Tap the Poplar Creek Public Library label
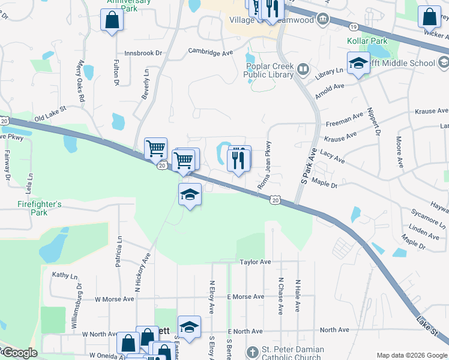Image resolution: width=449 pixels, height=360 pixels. (268, 71)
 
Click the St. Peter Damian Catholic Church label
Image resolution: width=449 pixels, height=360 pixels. (294, 354)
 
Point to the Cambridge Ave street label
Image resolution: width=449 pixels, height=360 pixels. (210, 53)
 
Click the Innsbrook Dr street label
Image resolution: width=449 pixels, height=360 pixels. (143, 53)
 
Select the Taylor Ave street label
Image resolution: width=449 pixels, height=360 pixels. (256, 262)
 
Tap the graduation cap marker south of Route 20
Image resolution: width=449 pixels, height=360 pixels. (190, 194)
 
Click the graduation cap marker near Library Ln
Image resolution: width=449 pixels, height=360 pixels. (358, 62)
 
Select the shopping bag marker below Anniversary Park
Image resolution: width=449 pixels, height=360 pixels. (112, 20)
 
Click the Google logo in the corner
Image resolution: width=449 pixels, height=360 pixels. (20, 353)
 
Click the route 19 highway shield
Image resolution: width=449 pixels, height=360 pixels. (353, 27)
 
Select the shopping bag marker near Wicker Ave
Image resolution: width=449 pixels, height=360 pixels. (430, 17)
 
